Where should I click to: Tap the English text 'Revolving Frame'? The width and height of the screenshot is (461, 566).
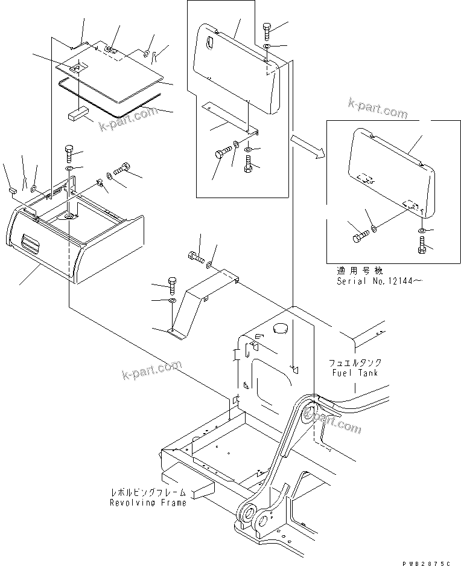click(x=147, y=503)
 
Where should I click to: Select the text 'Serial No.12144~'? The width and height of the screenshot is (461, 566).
click(x=376, y=281)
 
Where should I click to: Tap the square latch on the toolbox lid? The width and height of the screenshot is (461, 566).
click(x=75, y=69)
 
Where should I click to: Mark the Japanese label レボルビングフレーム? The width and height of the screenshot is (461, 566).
click(x=148, y=492)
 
